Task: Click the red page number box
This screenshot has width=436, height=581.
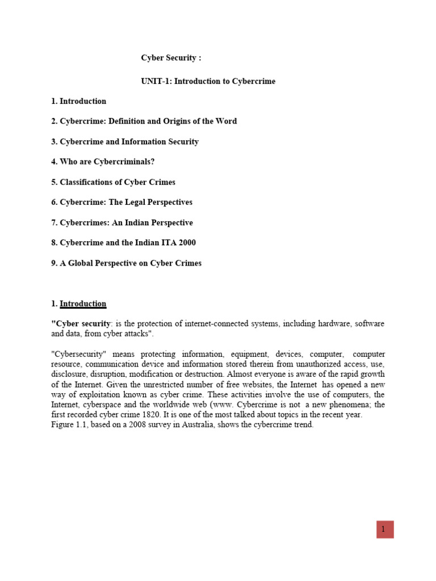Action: (x=384, y=529)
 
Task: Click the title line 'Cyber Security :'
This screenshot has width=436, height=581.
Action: (x=171, y=58)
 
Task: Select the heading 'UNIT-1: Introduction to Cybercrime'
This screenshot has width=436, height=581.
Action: (x=208, y=81)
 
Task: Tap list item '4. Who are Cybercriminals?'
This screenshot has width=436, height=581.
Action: (x=102, y=162)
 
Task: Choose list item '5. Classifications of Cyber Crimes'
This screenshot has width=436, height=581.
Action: (x=113, y=182)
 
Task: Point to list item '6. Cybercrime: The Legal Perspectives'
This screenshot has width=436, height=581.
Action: (x=121, y=202)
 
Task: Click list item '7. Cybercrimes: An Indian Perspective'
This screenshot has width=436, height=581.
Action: (x=121, y=222)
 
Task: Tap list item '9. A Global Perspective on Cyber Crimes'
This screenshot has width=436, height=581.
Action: (x=126, y=263)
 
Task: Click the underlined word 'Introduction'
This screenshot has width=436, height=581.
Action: (x=83, y=304)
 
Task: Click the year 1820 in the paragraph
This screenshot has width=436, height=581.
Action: (x=138, y=415)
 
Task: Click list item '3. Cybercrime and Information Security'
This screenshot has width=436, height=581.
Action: (x=125, y=141)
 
